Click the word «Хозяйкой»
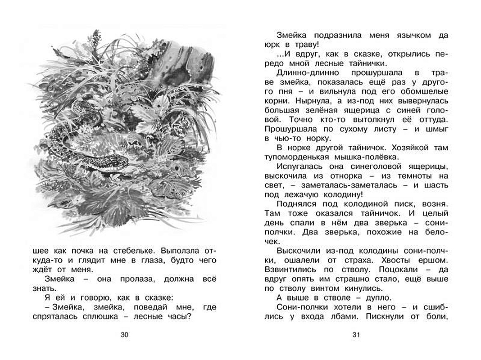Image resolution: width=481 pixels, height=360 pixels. (x=403, y=148)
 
